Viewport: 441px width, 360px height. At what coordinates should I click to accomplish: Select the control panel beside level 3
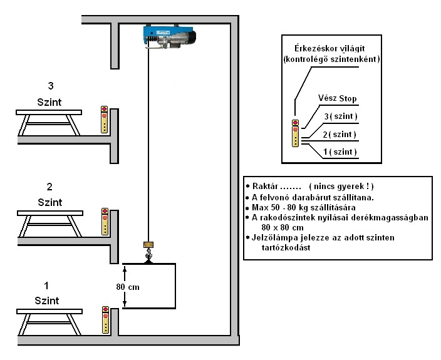105,120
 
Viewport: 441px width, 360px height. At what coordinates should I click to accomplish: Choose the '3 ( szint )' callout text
341,116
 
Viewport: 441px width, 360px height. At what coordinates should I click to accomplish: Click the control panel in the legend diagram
296,133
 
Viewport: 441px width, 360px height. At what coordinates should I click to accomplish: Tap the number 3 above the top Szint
50,86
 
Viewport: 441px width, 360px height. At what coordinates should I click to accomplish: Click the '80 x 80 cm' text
283,227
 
